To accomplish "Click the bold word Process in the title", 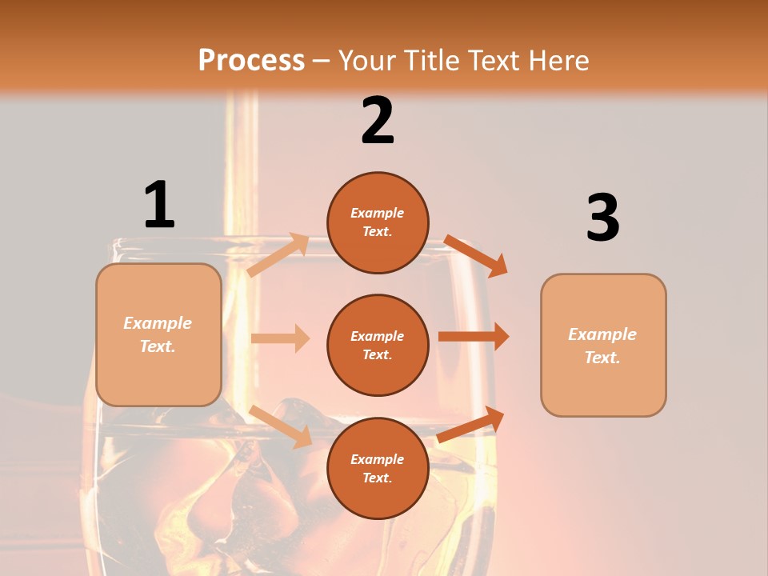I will (x=251, y=60).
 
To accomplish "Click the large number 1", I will (x=159, y=205).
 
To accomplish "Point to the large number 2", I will (x=378, y=121).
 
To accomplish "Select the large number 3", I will (x=602, y=218).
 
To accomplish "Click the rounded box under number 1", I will (x=158, y=334).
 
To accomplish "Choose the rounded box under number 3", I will (x=603, y=345).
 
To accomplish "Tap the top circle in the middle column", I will (x=378, y=222).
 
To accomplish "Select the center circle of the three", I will (x=378, y=345).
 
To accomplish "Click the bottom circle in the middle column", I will (x=378, y=468).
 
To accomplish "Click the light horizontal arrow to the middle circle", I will (x=281, y=338).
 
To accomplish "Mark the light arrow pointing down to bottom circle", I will (x=281, y=426).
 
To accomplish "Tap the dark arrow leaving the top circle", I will (x=476, y=255).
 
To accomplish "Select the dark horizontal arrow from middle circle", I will (x=474, y=337).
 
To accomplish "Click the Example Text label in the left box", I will (x=158, y=334).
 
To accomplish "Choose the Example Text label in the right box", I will (x=603, y=346).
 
